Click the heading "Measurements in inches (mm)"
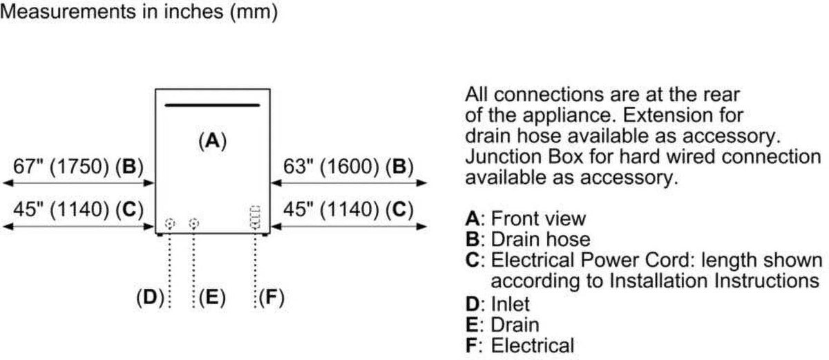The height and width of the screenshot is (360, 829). coord(139,12)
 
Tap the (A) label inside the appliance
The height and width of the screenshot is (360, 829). coord(213,141)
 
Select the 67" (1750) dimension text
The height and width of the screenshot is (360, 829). coord(61,167)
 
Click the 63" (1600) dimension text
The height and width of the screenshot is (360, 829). coord(331,167)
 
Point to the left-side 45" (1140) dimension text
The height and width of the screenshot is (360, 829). coord(61,209)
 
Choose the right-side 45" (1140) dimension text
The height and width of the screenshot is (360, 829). coord(331,209)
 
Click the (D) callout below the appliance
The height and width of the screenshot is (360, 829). coord(150,297)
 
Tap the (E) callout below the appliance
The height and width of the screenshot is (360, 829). coord(212,297)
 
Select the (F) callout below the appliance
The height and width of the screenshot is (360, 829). coord(271,297)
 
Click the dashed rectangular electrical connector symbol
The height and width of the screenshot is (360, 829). coord(256,218)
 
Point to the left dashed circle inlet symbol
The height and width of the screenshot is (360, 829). coord(169,223)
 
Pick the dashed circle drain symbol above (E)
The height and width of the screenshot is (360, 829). coord(193,223)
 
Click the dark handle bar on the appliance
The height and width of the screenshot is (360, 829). coord(213,105)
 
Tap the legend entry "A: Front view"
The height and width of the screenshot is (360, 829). coord(526,218)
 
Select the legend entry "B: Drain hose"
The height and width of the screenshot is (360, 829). coord(528,239)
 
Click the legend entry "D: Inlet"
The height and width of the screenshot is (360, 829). coord(497,304)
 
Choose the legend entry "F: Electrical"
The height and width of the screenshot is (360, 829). coord(520,345)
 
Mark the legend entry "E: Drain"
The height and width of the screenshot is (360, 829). coord(502,325)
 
